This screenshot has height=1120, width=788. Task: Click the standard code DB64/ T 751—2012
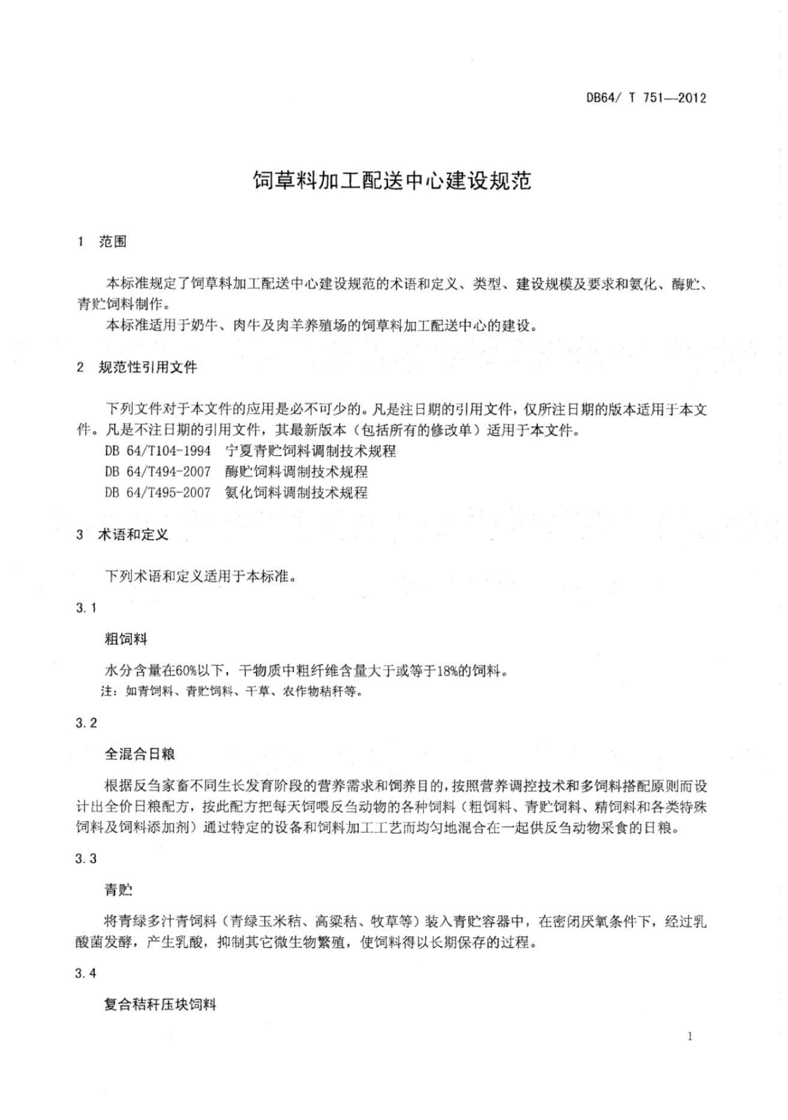646,98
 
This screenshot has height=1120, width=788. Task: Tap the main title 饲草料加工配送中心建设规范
393,181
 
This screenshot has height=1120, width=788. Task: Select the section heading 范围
113,242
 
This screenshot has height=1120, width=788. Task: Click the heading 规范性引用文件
148,367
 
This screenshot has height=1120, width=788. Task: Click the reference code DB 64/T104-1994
158,450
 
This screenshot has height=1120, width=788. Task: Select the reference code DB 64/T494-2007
158,472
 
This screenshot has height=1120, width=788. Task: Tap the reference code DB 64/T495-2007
158,493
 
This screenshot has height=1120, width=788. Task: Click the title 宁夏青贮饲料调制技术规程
311,450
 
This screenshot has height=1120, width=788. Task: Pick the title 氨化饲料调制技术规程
296,493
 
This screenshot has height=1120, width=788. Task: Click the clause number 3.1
86,608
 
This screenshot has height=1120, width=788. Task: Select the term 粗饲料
126,639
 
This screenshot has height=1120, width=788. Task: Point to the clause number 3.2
86,723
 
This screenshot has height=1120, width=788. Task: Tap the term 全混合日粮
140,754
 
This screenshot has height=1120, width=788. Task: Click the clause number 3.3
86,858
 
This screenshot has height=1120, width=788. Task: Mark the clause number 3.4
86,974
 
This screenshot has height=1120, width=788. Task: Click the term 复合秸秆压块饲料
160,1005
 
